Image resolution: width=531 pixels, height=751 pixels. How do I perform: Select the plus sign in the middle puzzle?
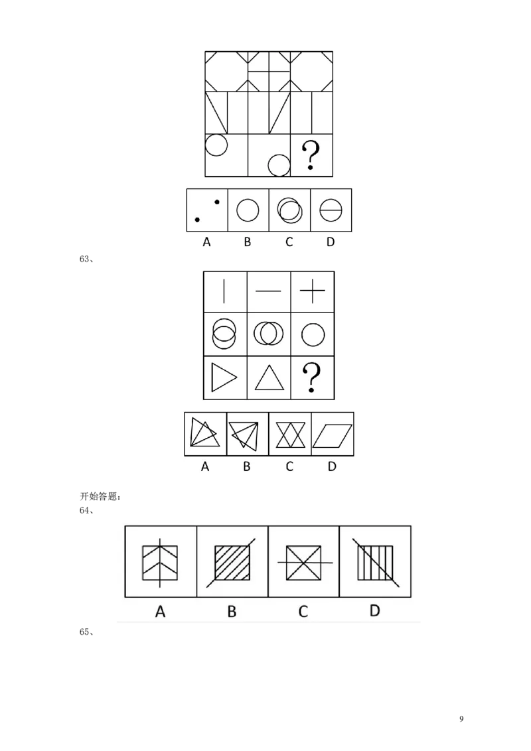312,291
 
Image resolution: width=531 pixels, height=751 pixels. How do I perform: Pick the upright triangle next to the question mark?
268,380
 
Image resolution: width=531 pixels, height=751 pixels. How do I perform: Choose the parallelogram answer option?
332,435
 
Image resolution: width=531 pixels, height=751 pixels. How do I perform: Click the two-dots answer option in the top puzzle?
206,210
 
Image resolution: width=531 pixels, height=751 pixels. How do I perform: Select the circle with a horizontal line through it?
331,210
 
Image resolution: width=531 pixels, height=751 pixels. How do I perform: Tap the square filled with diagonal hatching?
232,563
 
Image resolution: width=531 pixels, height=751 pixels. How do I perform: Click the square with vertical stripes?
375,563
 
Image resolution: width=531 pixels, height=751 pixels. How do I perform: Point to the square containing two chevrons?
160,563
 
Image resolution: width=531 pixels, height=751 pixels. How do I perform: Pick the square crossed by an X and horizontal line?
303,563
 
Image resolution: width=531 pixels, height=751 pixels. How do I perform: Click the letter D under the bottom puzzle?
374,610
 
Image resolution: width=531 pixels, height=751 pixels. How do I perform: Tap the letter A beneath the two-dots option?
206,242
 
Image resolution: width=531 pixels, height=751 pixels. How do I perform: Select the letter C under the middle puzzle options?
289,466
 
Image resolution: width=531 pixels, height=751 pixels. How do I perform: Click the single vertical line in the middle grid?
224,291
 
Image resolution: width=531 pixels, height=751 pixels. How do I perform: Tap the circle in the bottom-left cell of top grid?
216,144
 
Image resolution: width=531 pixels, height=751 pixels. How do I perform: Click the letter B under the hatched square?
232,611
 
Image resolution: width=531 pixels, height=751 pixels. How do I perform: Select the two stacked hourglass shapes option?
289,435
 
